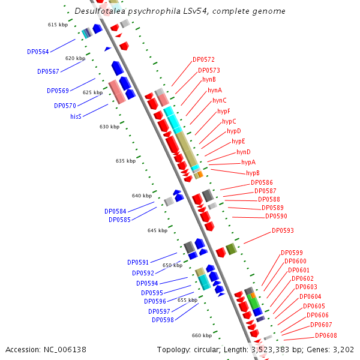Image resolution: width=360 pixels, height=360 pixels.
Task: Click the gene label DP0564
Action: coord(38,52)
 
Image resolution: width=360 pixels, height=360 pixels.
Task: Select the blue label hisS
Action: coord(76,116)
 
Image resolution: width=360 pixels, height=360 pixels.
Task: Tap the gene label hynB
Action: coord(209,79)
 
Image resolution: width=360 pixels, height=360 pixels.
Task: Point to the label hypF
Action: coord(224,111)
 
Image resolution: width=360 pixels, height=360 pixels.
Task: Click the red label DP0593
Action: coord(283,230)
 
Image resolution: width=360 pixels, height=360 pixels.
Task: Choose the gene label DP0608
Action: coord(326,335)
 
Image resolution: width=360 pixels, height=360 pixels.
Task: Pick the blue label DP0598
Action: coord(163,320)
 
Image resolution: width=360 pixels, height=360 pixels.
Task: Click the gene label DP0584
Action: coord(115,211)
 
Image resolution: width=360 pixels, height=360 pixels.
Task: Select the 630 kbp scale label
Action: coord(109,127)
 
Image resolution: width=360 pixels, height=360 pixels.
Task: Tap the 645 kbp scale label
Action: coord(157,230)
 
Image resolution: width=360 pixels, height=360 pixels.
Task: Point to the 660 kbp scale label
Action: coord(202,335)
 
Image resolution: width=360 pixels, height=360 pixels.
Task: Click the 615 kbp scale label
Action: coord(58,25)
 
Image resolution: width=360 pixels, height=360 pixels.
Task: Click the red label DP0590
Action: coord(276,216)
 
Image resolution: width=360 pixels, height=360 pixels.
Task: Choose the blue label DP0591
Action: coord(138,262)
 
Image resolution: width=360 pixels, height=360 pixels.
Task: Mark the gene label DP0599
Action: coord(292,253)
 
